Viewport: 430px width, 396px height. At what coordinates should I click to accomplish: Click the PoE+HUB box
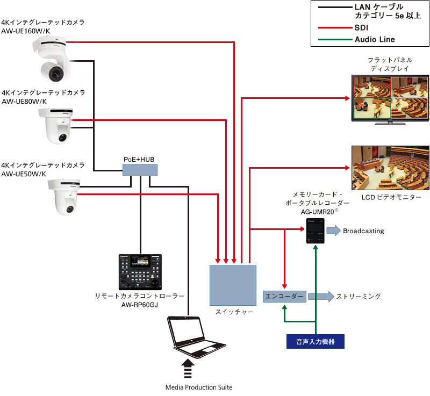140,170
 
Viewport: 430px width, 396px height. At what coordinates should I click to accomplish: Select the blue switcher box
232,285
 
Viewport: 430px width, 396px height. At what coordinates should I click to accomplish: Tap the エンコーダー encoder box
284,296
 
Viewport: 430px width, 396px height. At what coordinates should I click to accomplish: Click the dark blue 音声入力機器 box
314,341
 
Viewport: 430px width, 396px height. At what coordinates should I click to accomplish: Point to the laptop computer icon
190,336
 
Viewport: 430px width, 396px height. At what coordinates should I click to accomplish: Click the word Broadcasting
363,231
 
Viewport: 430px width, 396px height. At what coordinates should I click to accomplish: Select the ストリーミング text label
359,296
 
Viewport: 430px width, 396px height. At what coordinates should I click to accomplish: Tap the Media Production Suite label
199,387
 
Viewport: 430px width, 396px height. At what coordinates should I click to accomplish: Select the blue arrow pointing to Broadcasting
333,231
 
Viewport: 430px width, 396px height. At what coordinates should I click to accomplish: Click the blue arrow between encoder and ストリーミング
320,296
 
